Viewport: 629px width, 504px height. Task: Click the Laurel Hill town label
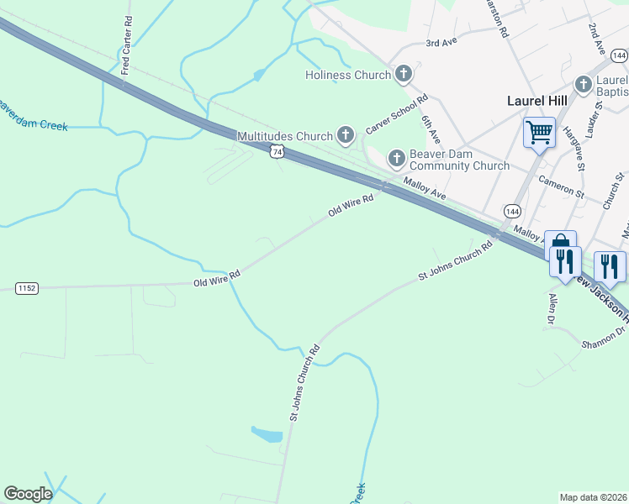[x=536, y=101]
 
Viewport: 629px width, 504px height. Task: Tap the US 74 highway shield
[x=277, y=151]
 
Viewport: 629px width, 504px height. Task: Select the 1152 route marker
[x=27, y=288]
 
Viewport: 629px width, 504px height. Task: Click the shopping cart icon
[x=538, y=131]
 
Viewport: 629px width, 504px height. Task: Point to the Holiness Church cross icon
[x=404, y=75]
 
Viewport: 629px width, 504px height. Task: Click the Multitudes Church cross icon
[x=345, y=134]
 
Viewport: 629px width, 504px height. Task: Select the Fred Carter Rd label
[x=126, y=45]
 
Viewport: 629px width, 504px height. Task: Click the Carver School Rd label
[x=398, y=114]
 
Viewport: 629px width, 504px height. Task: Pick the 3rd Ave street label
[x=440, y=42]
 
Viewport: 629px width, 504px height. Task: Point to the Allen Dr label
[x=552, y=309]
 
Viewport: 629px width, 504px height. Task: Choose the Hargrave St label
[x=573, y=131]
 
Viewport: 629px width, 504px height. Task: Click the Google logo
[x=29, y=494]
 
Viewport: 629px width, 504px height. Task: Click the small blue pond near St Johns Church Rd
[x=267, y=434]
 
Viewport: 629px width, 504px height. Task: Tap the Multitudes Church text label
[x=285, y=135]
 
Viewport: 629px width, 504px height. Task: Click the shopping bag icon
[x=560, y=242]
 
